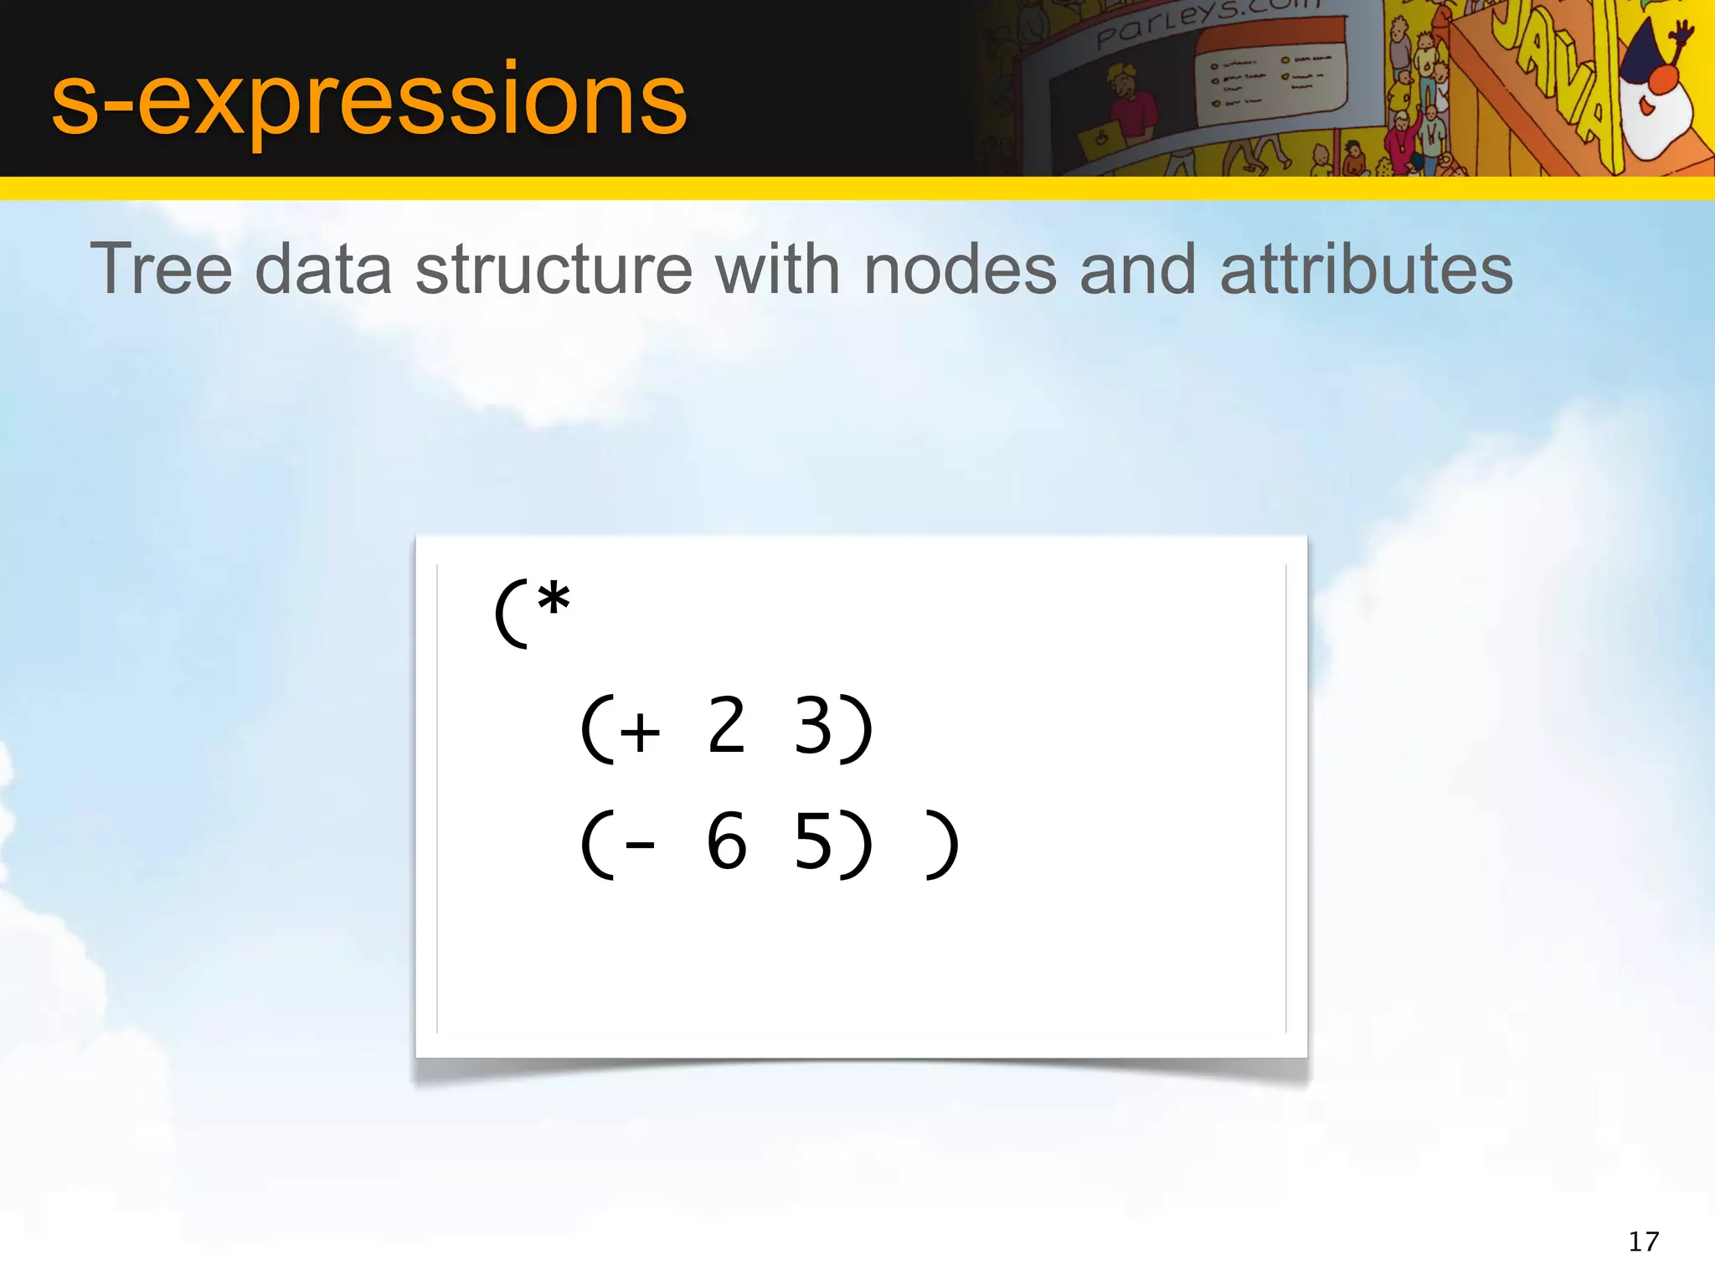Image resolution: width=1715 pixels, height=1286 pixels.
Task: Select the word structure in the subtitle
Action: click(x=554, y=270)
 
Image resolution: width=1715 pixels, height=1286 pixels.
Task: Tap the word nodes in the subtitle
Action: click(x=960, y=270)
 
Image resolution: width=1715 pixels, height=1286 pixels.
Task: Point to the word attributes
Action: click(x=1366, y=270)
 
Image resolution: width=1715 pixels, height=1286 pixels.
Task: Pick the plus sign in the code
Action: click(x=641, y=732)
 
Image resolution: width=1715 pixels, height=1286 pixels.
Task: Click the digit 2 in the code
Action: click(x=726, y=727)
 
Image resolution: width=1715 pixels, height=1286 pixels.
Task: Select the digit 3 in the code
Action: click(x=811, y=727)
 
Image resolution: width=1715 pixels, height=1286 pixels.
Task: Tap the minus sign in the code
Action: click(x=641, y=846)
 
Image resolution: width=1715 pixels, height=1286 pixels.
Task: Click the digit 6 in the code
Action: click(x=726, y=842)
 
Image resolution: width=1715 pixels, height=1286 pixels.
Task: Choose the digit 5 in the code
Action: click(x=811, y=842)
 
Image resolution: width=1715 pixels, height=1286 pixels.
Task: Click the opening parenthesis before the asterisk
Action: click(x=511, y=613)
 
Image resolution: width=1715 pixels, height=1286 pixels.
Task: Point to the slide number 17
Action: click(x=1643, y=1241)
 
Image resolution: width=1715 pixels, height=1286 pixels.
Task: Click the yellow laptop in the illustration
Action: click(x=1099, y=143)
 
